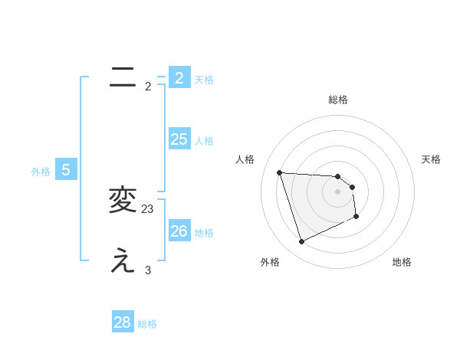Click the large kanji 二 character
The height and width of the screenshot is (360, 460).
pos(123,77)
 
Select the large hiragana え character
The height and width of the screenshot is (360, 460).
pos(123,261)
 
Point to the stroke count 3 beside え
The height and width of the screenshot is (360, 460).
pos(148,270)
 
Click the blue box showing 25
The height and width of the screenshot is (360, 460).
pos(179,139)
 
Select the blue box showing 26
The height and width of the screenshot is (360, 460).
pos(179,231)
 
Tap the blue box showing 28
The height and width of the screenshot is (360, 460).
pos(123,322)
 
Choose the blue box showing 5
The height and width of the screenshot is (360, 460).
pos(66,170)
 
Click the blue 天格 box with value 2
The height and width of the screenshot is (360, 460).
pos(179,77)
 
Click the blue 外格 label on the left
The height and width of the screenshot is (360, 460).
pos(41,172)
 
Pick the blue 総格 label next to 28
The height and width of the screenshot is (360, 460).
pos(147,324)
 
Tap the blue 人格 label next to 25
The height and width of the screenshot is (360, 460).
pos(204,141)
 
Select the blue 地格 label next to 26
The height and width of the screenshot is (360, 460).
pos(204,233)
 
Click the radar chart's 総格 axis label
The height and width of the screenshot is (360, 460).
pos(338,100)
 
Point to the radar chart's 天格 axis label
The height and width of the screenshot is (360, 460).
pos(432,159)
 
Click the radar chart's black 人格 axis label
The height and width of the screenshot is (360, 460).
pos(245,159)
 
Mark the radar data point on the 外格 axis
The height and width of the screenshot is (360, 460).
pos(301,242)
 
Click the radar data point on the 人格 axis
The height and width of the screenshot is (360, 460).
pos(279,172)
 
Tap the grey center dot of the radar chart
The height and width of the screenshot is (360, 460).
pos(338,191)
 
